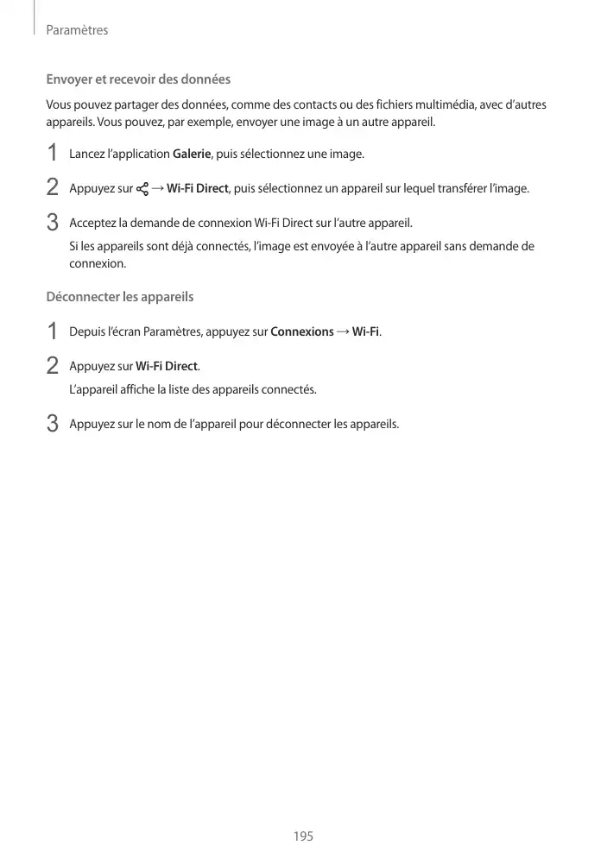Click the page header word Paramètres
click(77, 30)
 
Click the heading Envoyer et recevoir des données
click(138, 79)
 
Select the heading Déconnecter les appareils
click(119, 297)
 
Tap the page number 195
click(303, 836)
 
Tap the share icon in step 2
click(142, 189)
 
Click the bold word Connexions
click(302, 332)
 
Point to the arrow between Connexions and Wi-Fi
click(343, 332)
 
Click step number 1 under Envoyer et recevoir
click(53, 155)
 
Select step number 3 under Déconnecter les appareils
click(53, 424)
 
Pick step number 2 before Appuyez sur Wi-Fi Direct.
click(53, 366)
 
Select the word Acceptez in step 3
click(93, 223)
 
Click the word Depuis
click(86, 332)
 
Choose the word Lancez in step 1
click(86, 155)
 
